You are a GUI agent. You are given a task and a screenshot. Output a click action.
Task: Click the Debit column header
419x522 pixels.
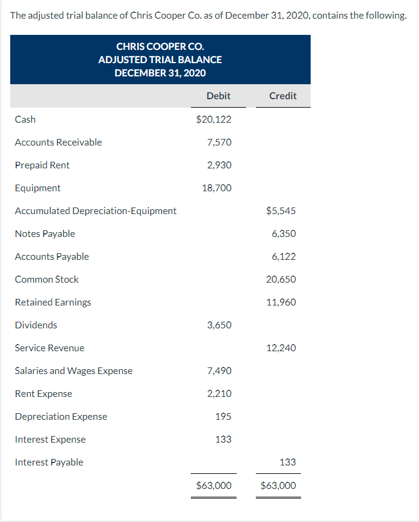point(218,96)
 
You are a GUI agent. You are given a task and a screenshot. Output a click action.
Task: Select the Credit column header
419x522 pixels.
point(282,96)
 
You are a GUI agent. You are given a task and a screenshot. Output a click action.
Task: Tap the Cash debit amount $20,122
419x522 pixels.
point(214,119)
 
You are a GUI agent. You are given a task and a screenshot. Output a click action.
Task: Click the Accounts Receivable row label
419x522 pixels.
point(58,142)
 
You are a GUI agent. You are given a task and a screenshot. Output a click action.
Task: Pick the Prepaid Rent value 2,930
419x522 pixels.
point(219,165)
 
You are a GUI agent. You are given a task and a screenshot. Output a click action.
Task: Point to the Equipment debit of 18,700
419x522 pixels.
point(217,188)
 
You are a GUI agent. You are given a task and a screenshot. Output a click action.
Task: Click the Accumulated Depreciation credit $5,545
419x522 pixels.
point(281,210)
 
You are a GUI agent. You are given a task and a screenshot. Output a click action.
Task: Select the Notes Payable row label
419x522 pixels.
point(45,233)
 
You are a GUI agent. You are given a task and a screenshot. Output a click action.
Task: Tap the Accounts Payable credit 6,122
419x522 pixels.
point(284,256)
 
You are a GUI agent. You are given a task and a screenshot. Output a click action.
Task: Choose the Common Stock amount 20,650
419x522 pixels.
point(281,279)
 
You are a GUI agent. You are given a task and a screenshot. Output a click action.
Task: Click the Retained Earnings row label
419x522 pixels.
point(53,302)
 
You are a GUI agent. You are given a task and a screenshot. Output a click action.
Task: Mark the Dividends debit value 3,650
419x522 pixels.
point(219,325)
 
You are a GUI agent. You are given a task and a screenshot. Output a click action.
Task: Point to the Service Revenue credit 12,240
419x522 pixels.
point(281,348)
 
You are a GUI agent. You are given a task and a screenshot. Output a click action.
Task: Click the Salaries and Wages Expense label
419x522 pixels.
point(73,370)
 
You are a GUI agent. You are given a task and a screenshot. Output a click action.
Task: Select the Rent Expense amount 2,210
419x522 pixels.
point(219,393)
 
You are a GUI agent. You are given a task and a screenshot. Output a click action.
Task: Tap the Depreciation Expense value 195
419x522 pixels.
point(223,416)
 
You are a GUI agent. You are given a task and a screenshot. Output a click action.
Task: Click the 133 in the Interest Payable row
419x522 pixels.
point(288,462)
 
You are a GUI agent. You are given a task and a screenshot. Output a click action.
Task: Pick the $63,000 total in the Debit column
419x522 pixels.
point(214,485)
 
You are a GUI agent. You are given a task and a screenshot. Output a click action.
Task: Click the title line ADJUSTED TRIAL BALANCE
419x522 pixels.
point(160,60)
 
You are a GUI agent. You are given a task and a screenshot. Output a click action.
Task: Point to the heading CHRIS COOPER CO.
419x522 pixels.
point(160,46)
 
